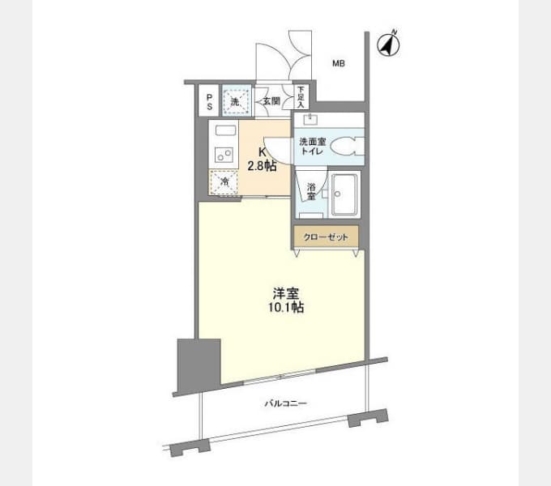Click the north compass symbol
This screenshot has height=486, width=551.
coord(388,45)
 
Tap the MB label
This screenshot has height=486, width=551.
coord(339,63)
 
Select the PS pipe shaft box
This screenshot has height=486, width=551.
coord(209,100)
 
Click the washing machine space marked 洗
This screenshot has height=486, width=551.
coord(236,101)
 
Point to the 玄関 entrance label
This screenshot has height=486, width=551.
coord(271,101)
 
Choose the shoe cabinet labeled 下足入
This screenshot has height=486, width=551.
coord(301,97)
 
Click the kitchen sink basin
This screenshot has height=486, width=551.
coord(225,131)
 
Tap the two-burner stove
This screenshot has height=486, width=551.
coord(224,155)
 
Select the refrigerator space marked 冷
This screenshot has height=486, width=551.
coord(224,182)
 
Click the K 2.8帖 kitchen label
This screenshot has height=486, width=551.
coord(263,159)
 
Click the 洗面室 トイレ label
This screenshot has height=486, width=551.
coord(313,147)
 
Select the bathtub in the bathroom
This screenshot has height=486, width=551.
coord(344,194)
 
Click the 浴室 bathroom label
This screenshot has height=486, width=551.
coord(311,191)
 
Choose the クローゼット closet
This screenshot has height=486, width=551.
coord(326,237)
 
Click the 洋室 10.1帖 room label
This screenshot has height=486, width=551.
coord(286,301)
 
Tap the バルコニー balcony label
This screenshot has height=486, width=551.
coord(285,403)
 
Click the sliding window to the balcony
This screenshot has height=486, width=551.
coord(280,377)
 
